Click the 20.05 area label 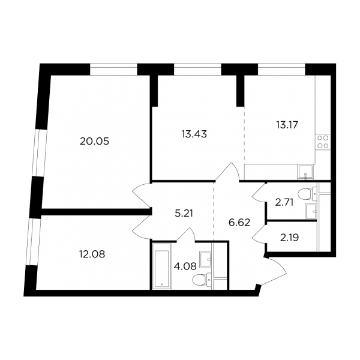click(x=94, y=142)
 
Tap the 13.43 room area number click(x=194, y=134)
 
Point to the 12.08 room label click(x=92, y=254)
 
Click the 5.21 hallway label click(x=184, y=214)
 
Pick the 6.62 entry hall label click(x=239, y=223)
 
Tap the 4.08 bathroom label click(x=185, y=266)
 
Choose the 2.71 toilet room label click(x=284, y=203)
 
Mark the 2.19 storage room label click(x=289, y=238)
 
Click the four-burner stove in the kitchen click(x=323, y=142)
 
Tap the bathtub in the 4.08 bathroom click(x=162, y=266)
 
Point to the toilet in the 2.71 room click(x=307, y=194)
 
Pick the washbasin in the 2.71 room click(x=311, y=211)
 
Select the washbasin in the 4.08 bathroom click(x=205, y=259)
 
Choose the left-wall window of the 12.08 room click(x=32, y=241)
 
